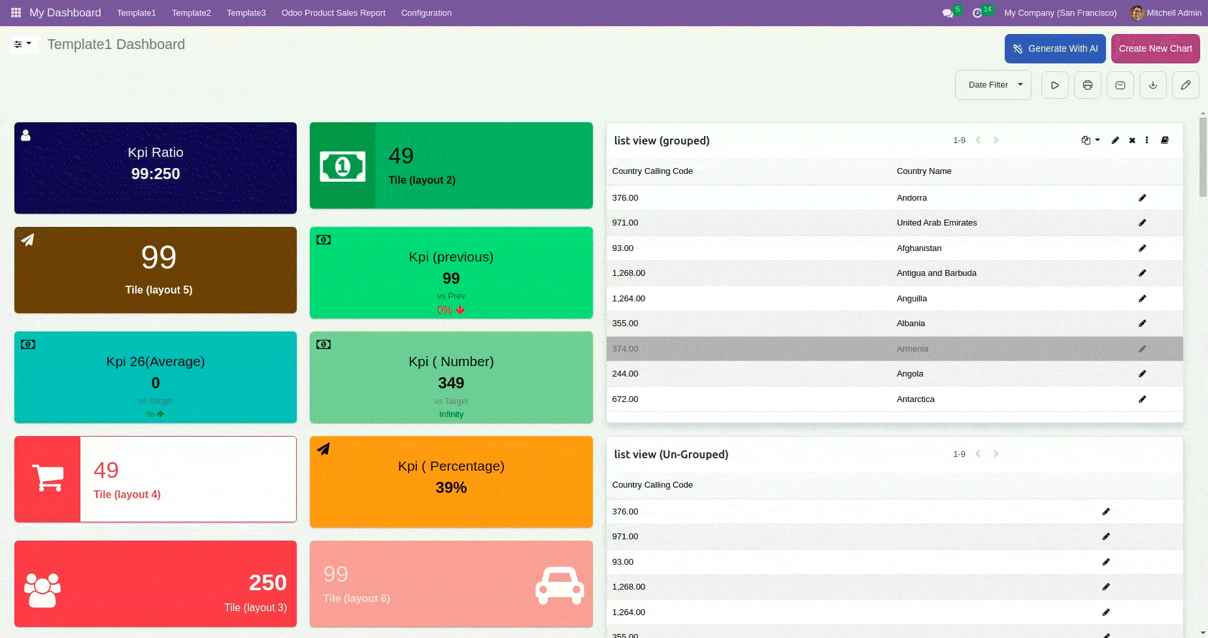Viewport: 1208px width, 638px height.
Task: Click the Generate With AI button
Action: (1054, 49)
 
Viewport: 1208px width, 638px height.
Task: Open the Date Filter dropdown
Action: (993, 85)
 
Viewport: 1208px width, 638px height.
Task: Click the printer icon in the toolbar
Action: (1087, 85)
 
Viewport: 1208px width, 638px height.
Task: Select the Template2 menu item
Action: (191, 13)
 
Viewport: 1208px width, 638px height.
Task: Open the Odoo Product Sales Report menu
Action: (333, 13)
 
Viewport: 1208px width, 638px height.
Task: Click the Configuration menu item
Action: (426, 13)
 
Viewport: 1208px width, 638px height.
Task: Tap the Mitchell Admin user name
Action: (1173, 13)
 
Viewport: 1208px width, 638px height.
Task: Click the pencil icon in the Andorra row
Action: (1142, 198)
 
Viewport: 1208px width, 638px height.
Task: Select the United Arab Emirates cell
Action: (936, 223)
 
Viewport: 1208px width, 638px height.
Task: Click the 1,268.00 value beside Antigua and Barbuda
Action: (628, 273)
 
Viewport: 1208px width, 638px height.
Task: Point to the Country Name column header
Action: (924, 171)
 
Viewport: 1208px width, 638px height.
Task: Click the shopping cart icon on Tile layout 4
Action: (48, 478)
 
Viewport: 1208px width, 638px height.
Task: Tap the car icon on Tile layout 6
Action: (559, 584)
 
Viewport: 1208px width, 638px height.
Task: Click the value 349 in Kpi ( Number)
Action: (451, 383)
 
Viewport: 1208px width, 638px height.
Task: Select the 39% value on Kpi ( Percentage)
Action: (451, 488)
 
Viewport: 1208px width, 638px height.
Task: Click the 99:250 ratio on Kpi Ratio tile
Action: (156, 174)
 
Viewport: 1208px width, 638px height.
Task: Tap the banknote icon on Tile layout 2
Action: (343, 167)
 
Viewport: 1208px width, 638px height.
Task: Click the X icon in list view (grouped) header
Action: (1132, 141)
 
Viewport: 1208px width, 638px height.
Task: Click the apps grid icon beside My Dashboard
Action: (16, 13)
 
